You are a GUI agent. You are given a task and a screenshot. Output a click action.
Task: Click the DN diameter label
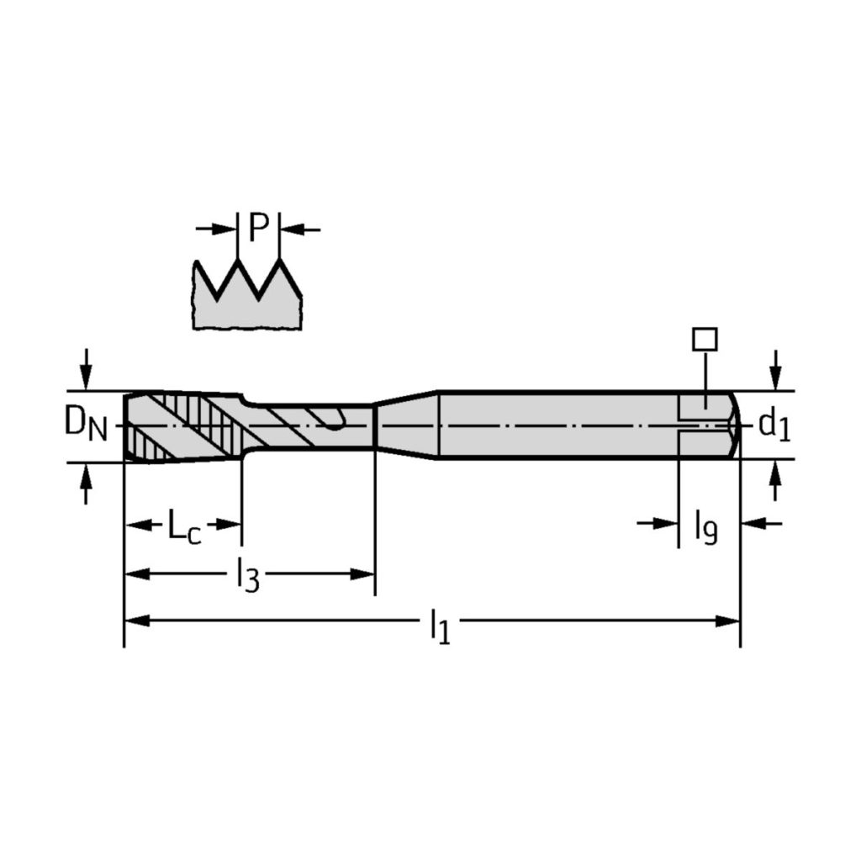click(x=86, y=424)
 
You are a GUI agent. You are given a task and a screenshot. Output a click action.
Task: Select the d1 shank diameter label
click(x=774, y=425)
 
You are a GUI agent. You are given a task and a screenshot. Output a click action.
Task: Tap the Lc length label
click(x=184, y=526)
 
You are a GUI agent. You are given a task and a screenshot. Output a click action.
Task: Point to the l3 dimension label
click(x=248, y=575)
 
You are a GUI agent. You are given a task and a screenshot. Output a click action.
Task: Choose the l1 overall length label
click(x=441, y=626)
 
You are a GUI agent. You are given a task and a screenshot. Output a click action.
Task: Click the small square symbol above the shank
click(x=705, y=340)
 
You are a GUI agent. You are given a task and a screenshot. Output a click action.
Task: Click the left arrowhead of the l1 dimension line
click(x=137, y=621)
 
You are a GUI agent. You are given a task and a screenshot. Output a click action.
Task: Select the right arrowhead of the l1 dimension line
click(x=727, y=621)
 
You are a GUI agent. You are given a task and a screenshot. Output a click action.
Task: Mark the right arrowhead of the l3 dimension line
click(x=362, y=574)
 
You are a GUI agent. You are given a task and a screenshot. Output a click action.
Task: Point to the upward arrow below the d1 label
click(x=774, y=481)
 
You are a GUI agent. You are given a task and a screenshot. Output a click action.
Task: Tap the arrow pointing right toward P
click(x=216, y=229)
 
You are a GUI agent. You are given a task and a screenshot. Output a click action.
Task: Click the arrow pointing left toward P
click(x=300, y=229)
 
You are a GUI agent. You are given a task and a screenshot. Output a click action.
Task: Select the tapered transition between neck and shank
click(x=406, y=425)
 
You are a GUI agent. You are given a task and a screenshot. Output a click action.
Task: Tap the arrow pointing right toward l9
click(x=658, y=523)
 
